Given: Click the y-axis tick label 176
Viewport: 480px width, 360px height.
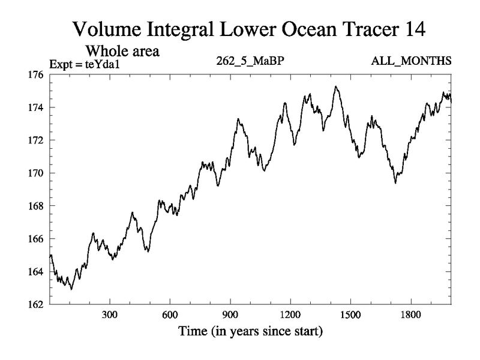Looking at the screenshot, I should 35,75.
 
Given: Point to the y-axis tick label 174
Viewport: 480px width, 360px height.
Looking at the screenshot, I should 35,108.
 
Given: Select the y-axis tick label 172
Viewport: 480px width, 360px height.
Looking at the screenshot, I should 35,140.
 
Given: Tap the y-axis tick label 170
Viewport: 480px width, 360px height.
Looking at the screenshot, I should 35,173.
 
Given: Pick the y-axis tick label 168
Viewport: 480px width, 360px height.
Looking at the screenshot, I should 35,206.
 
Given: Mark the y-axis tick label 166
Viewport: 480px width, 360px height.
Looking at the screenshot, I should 35,239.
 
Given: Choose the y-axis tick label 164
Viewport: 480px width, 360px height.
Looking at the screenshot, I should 35,272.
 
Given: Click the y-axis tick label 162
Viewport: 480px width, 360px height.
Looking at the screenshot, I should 35,304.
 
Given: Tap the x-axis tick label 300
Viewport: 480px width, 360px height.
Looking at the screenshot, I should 110,315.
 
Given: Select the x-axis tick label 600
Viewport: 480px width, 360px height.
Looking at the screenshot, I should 170,315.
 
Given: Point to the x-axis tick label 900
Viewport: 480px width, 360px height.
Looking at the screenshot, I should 230,315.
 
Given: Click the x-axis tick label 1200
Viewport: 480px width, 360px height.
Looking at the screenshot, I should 290,315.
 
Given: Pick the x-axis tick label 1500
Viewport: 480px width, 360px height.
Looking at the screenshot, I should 350,315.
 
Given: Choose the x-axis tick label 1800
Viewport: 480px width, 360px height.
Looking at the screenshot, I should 411,315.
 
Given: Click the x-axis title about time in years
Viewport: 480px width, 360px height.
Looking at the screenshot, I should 250,331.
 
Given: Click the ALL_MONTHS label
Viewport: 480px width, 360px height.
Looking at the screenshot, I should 411,62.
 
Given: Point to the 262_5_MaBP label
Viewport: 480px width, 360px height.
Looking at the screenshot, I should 249,62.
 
